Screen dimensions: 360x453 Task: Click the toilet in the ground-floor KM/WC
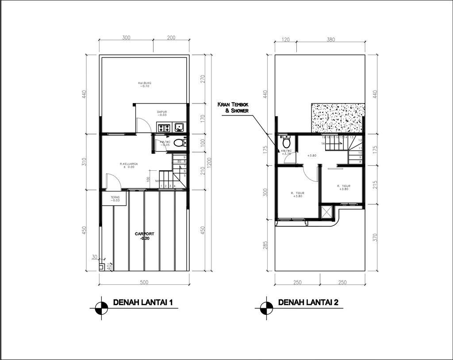tap(178, 142)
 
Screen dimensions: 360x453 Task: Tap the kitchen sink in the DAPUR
tap(180, 128)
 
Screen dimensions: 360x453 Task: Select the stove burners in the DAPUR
tap(164, 128)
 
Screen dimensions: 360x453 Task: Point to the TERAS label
tap(115, 198)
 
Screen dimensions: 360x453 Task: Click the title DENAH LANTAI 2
tap(308, 303)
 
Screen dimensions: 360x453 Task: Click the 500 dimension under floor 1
tap(144, 282)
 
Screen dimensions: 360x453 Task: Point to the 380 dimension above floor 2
tap(330, 39)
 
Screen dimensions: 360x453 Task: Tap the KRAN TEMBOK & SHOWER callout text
tap(233, 107)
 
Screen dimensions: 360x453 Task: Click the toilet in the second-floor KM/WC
tap(286, 143)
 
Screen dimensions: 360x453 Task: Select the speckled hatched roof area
tap(338, 118)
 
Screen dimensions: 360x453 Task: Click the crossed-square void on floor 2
tap(327, 212)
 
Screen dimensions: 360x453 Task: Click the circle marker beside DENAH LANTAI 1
tap(102, 308)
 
